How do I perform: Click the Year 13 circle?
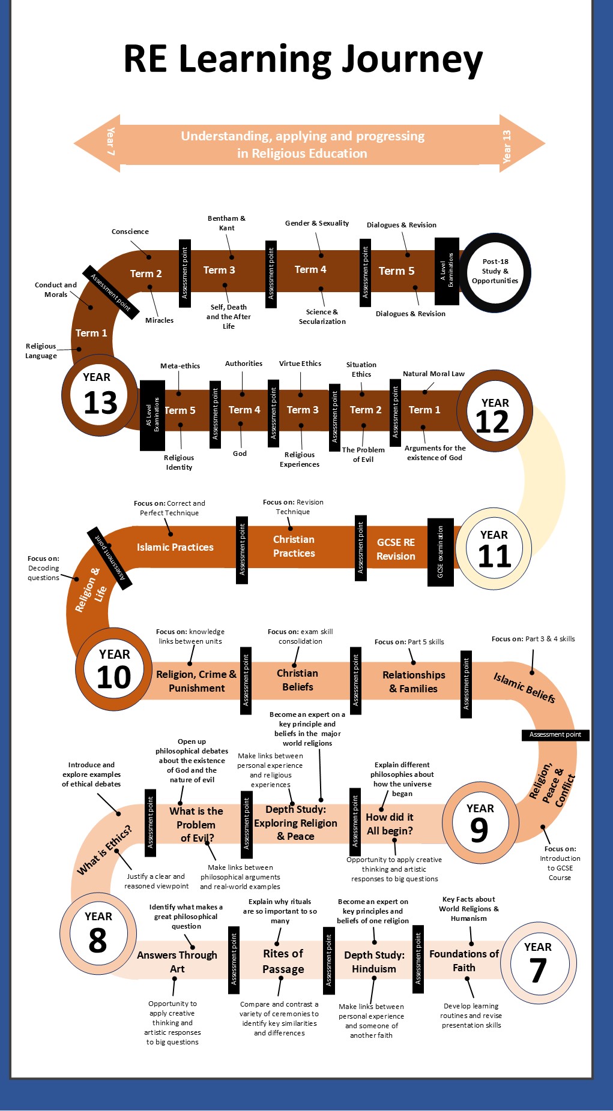coord(98,395)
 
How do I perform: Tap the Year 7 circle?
coord(538,963)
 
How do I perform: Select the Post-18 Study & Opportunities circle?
coord(495,271)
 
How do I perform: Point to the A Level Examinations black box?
coord(447,271)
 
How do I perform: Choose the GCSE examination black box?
coord(440,552)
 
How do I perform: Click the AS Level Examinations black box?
coord(152,415)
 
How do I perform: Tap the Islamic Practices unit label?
coord(175,547)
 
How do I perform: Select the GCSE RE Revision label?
coord(396,549)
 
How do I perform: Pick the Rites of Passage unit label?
coord(283,961)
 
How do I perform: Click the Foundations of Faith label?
coord(464,960)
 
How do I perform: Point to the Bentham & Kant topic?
coord(226,223)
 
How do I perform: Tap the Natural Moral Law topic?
coord(433,374)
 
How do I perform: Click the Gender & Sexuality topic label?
coord(317,223)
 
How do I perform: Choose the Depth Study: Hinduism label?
coord(374,962)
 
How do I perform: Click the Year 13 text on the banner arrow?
coord(507,146)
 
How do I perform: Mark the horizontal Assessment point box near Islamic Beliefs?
coord(555,734)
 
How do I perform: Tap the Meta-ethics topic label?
coord(180,366)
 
